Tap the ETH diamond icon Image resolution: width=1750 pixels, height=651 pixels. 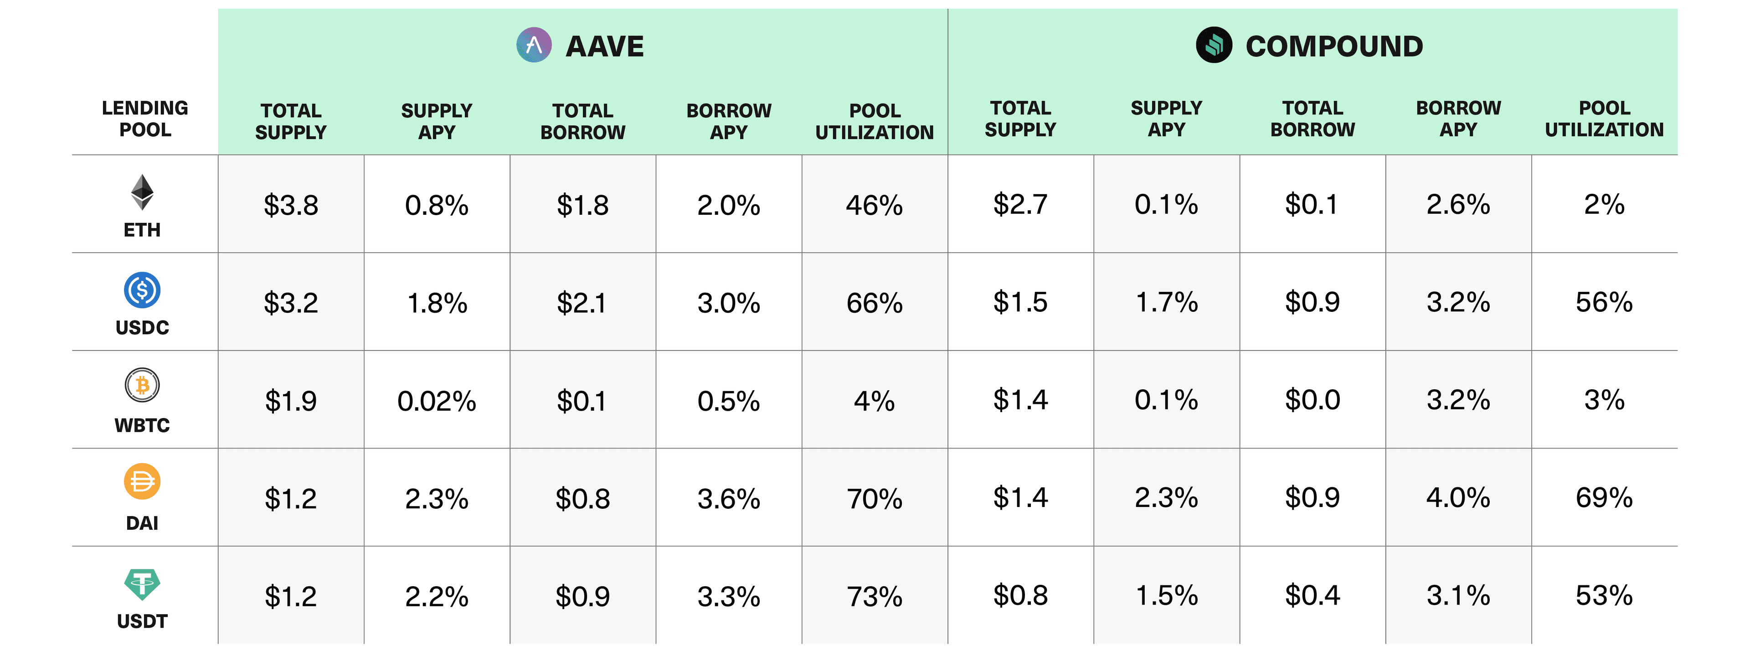click(x=142, y=192)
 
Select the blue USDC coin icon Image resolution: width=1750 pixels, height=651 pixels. click(x=142, y=290)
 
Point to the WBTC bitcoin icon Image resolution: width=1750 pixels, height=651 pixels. click(x=142, y=385)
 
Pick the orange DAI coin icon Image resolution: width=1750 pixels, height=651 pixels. click(x=142, y=482)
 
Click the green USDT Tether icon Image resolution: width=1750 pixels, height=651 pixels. click(x=142, y=584)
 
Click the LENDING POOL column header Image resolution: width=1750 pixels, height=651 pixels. click(x=145, y=119)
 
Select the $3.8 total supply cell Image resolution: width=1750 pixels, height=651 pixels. click(x=291, y=205)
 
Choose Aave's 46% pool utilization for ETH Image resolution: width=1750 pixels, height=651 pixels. click(x=875, y=205)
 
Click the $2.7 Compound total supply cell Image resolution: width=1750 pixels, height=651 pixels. click(x=1020, y=204)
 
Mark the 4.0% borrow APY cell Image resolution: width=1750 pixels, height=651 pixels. click(x=1458, y=497)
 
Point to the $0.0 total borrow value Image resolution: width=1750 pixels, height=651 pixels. click(x=1312, y=399)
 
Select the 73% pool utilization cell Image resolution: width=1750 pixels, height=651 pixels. click(x=875, y=597)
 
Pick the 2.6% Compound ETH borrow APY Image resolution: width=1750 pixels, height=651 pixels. click(x=1458, y=204)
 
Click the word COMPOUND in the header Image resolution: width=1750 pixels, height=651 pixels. click(x=1334, y=46)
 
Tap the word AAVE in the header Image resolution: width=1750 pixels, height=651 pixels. click(x=605, y=46)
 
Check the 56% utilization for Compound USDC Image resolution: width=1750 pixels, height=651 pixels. click(x=1604, y=302)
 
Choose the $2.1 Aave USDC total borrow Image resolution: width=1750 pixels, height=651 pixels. click(x=582, y=303)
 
